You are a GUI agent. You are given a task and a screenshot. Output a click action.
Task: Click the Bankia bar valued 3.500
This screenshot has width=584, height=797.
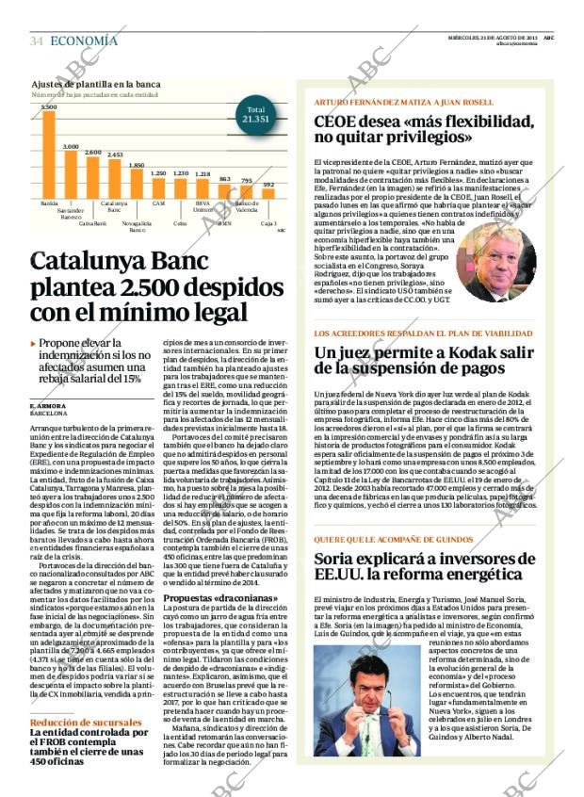[49, 155]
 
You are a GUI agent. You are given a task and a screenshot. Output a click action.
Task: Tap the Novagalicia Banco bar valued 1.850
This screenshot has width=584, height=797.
[137, 183]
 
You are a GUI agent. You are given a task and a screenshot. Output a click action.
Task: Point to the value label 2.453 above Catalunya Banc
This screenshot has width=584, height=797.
[115, 155]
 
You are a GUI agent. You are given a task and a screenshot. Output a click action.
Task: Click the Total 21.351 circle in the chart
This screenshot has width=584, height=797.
[255, 115]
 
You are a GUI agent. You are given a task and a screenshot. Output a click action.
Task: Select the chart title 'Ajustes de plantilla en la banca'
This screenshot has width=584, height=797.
[94, 85]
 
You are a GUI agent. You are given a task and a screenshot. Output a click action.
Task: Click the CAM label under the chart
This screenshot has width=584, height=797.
[158, 203]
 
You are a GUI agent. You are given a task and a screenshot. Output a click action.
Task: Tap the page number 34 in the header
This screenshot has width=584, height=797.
[37, 41]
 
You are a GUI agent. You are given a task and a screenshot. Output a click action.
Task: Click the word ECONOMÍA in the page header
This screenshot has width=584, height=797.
[84, 41]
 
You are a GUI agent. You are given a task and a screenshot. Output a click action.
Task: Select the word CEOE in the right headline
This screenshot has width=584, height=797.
[336, 122]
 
